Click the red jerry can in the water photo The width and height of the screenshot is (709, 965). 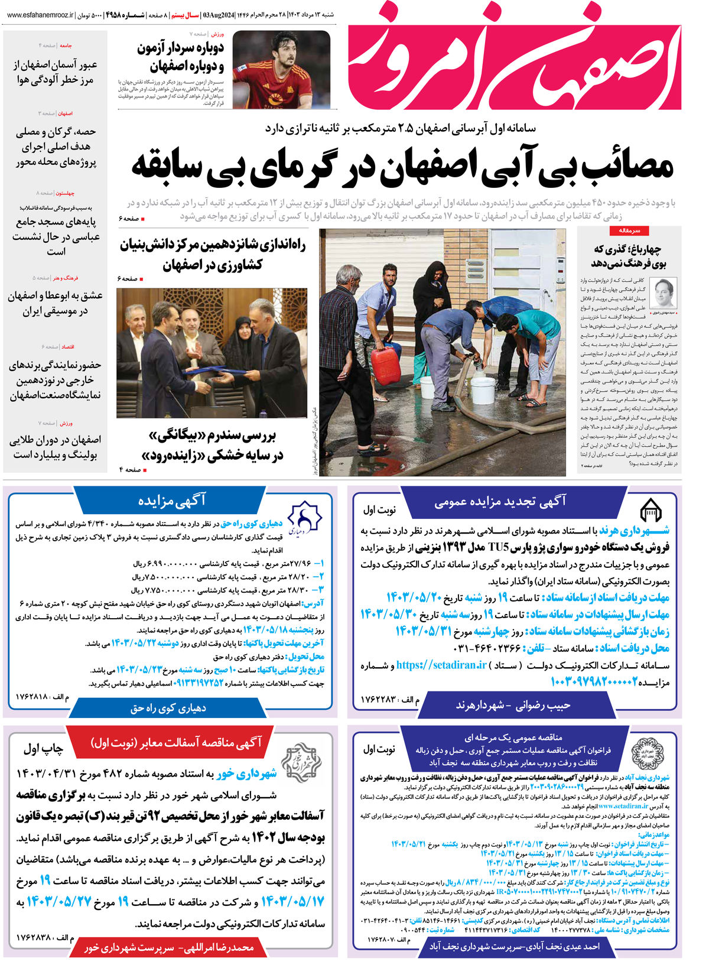[386, 366]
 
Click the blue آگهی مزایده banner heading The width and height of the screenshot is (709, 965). [171, 501]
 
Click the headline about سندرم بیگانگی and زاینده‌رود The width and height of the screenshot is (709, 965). [213, 446]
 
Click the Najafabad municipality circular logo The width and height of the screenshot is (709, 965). [644, 750]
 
